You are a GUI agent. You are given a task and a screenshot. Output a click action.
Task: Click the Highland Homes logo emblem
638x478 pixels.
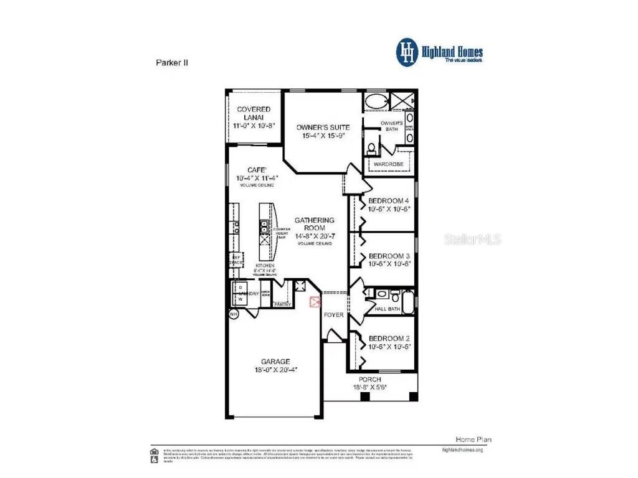407,52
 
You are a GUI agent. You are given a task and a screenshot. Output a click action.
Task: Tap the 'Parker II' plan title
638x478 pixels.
171,62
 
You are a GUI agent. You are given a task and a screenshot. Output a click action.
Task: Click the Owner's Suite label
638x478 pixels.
323,127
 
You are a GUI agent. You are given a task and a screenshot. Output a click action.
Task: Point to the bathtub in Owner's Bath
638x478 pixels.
376,101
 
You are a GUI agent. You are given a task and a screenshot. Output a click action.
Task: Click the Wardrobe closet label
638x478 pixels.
388,164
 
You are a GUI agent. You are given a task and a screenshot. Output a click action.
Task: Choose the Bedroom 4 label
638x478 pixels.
389,200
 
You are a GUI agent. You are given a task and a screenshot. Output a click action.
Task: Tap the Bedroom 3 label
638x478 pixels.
389,256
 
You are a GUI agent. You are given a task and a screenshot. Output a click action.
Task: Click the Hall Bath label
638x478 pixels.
388,309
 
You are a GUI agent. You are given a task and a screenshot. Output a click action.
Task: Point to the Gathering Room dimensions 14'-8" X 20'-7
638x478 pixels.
314,236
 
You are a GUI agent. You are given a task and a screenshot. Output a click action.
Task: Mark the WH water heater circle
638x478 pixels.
234,315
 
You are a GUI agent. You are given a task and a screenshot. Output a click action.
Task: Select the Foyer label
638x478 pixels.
333,315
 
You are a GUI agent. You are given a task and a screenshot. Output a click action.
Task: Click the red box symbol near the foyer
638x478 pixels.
315,302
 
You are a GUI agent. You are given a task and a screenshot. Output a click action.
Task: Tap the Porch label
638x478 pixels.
370,379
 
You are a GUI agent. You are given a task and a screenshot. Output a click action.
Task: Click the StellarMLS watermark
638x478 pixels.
472,239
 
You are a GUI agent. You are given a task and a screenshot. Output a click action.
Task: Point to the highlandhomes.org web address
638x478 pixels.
462,449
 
